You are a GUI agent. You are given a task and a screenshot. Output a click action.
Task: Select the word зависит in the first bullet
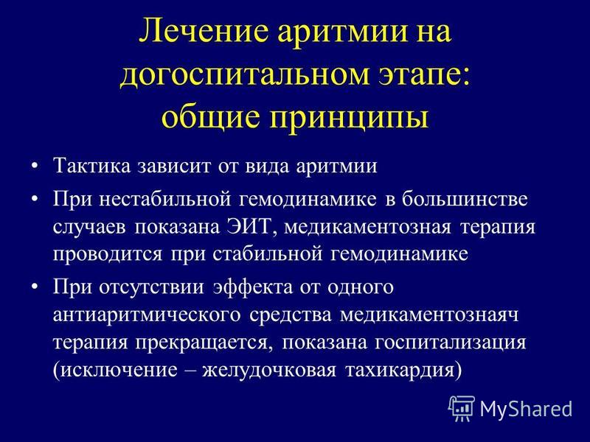point(174,166)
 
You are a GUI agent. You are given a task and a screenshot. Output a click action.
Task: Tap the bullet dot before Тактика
point(35,166)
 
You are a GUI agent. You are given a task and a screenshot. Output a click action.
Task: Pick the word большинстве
point(465,199)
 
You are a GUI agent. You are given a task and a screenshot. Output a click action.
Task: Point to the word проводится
point(108,254)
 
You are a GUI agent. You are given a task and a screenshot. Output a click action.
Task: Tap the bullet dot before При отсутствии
point(35,287)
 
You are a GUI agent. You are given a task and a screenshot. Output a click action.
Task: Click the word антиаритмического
point(146,315)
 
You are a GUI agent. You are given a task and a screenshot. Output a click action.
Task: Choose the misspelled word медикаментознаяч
point(429,315)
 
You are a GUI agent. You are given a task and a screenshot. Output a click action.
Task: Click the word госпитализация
point(451,343)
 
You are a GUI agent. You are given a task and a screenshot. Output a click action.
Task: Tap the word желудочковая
point(269,371)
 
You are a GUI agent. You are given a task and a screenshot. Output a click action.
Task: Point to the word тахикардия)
point(403,371)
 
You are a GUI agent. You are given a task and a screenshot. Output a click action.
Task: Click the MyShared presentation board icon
point(462,409)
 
